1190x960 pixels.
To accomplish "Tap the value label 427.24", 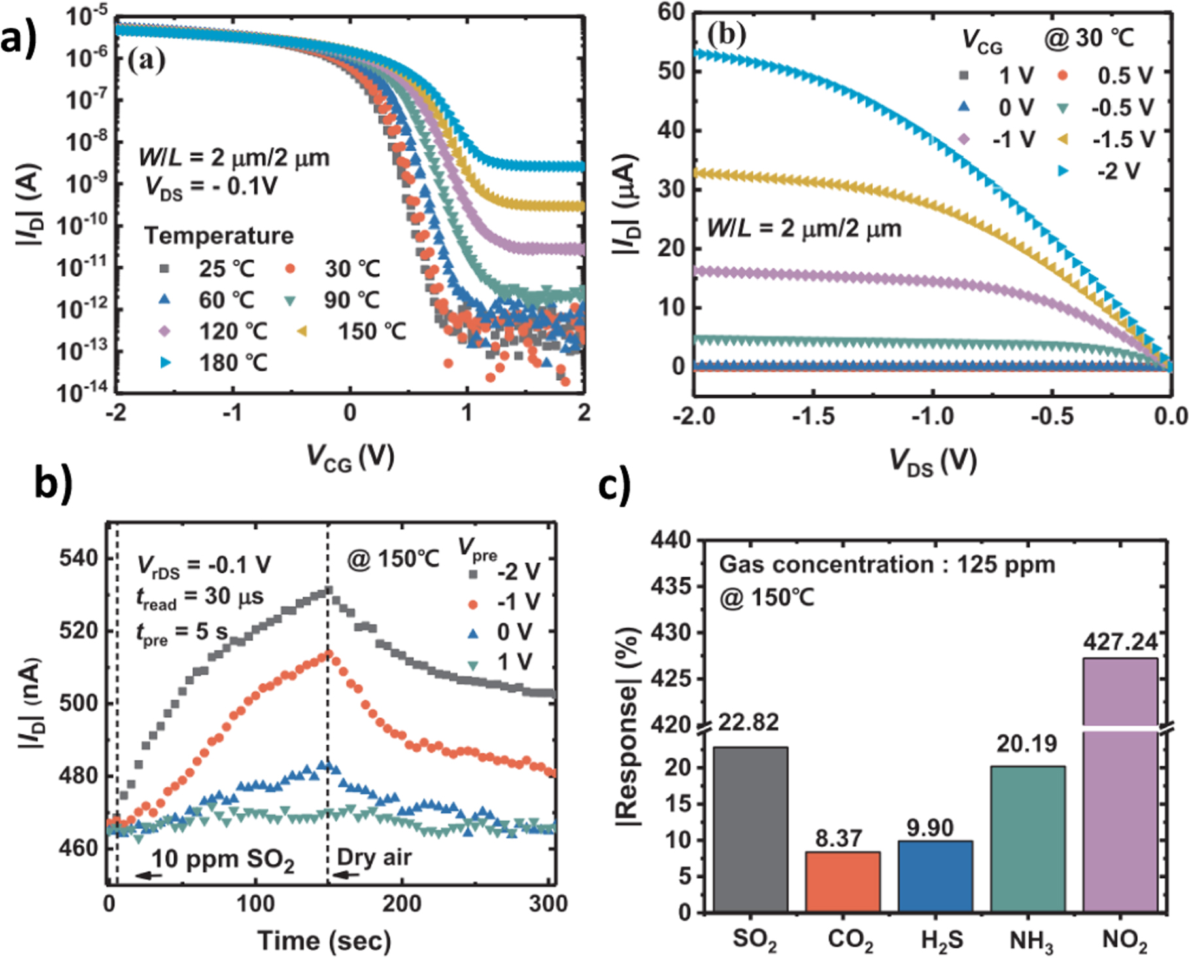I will pos(1120,643).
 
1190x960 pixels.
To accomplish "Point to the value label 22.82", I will pos(748,722).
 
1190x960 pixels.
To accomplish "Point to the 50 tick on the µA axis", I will pos(670,71).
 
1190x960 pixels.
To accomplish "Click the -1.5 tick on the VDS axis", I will pos(813,416).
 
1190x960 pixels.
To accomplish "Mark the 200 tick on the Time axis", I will pos(401,904).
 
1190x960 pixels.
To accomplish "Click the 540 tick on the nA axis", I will pos(78,559).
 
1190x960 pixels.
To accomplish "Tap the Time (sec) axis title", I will pos(324,941).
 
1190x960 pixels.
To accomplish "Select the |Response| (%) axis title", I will pos(628,726).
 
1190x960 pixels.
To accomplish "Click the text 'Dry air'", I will pos(374,857).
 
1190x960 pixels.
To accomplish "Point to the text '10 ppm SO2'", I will pos(222,859).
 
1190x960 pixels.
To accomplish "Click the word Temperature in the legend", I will pos(218,236).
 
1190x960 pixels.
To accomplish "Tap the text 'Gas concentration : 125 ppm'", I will pos(887,564).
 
